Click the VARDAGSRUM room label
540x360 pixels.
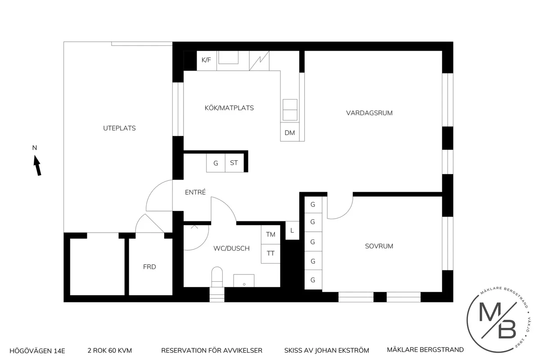(x=369, y=113)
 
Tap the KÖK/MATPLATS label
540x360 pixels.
(x=229, y=108)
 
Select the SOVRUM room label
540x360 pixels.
(x=379, y=246)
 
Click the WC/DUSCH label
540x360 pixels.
(x=231, y=248)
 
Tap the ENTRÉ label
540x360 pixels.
(x=195, y=192)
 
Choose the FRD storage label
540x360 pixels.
(x=149, y=267)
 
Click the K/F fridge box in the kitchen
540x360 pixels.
(x=206, y=60)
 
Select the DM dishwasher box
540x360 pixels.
(x=290, y=132)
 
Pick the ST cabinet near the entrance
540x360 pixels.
(x=234, y=163)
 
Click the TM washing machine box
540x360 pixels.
(x=270, y=234)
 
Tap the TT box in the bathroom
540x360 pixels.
(x=270, y=253)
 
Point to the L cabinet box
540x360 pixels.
(x=292, y=231)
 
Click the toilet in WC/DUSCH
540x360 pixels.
(x=217, y=275)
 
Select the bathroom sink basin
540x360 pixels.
(x=244, y=280)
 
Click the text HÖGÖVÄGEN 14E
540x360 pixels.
(x=37, y=350)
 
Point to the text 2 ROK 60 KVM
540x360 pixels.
(x=110, y=350)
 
